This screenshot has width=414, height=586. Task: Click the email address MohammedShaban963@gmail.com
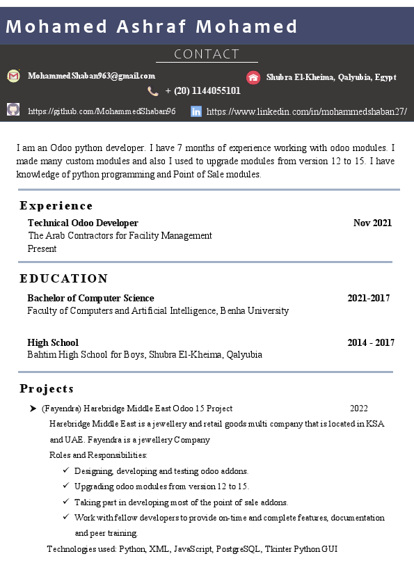[x=91, y=76]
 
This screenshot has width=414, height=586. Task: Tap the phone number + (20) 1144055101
[x=202, y=90]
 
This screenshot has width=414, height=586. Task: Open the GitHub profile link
[x=102, y=111]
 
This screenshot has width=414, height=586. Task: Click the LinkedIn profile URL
[x=306, y=111]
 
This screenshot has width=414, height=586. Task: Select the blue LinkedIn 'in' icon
[x=196, y=111]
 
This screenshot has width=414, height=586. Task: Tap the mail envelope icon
[x=13, y=76]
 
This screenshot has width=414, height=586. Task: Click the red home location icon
[x=253, y=77]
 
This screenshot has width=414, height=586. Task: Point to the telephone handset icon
[x=153, y=91]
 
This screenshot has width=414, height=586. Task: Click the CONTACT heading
[x=207, y=54]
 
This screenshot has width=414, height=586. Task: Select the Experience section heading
[x=56, y=206]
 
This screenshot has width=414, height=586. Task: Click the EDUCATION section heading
[x=64, y=278]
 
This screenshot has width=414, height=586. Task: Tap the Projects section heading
[x=47, y=388]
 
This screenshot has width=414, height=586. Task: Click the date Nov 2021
[x=372, y=223]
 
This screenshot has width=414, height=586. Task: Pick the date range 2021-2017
[x=368, y=299]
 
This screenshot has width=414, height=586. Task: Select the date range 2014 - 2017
[x=371, y=342]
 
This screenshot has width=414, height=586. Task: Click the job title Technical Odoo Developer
[x=83, y=223]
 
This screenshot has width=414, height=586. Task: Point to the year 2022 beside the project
[x=358, y=409]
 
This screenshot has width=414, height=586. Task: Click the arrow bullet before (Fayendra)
[x=33, y=409]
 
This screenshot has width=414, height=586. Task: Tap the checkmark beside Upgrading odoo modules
[x=65, y=486]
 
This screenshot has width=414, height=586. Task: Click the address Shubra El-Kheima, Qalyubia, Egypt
[x=331, y=77]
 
